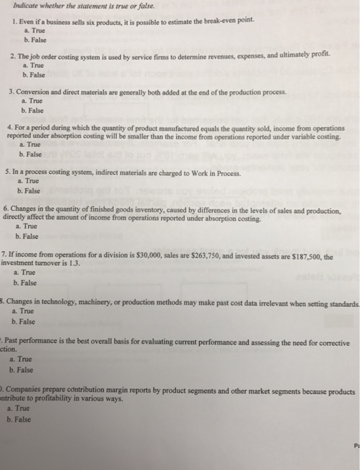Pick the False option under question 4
tap(30, 154)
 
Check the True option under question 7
tap(28, 273)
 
